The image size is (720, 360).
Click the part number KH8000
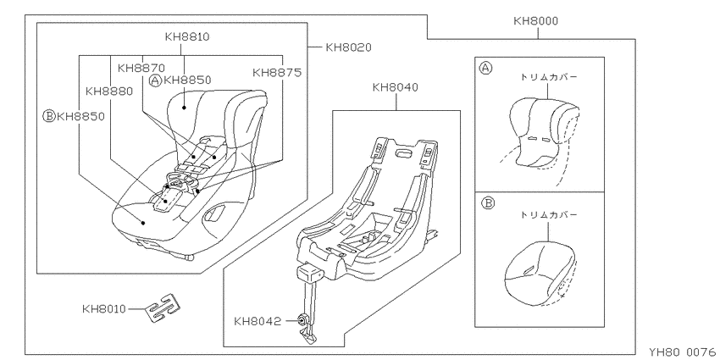click(x=535, y=21)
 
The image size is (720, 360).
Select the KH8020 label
click(x=348, y=47)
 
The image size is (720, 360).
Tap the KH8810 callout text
click(x=187, y=36)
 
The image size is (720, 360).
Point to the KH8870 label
click(x=141, y=68)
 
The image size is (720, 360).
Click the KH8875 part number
click(x=277, y=73)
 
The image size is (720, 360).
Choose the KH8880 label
click(x=108, y=91)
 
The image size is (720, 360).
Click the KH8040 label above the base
click(x=396, y=87)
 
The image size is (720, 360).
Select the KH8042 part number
click(x=258, y=321)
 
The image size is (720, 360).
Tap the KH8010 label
click(x=104, y=308)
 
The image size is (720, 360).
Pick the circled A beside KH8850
click(x=156, y=80)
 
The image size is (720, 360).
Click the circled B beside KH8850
click(x=48, y=116)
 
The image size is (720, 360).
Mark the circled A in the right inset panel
click(x=485, y=69)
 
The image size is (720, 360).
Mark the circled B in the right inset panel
click(x=487, y=202)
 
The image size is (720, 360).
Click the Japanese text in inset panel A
click(x=548, y=77)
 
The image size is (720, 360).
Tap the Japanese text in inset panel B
click(x=548, y=214)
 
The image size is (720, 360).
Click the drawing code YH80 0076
click(x=684, y=352)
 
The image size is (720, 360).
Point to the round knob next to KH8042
click(x=303, y=319)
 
